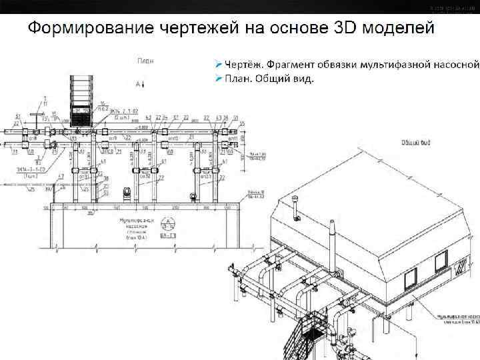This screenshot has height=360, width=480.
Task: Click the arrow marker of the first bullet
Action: (x=218, y=65)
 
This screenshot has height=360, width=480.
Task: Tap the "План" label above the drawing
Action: (x=145, y=61)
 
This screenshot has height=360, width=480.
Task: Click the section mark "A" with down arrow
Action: (x=139, y=84)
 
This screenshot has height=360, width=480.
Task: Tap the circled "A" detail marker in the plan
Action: (x=169, y=224)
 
